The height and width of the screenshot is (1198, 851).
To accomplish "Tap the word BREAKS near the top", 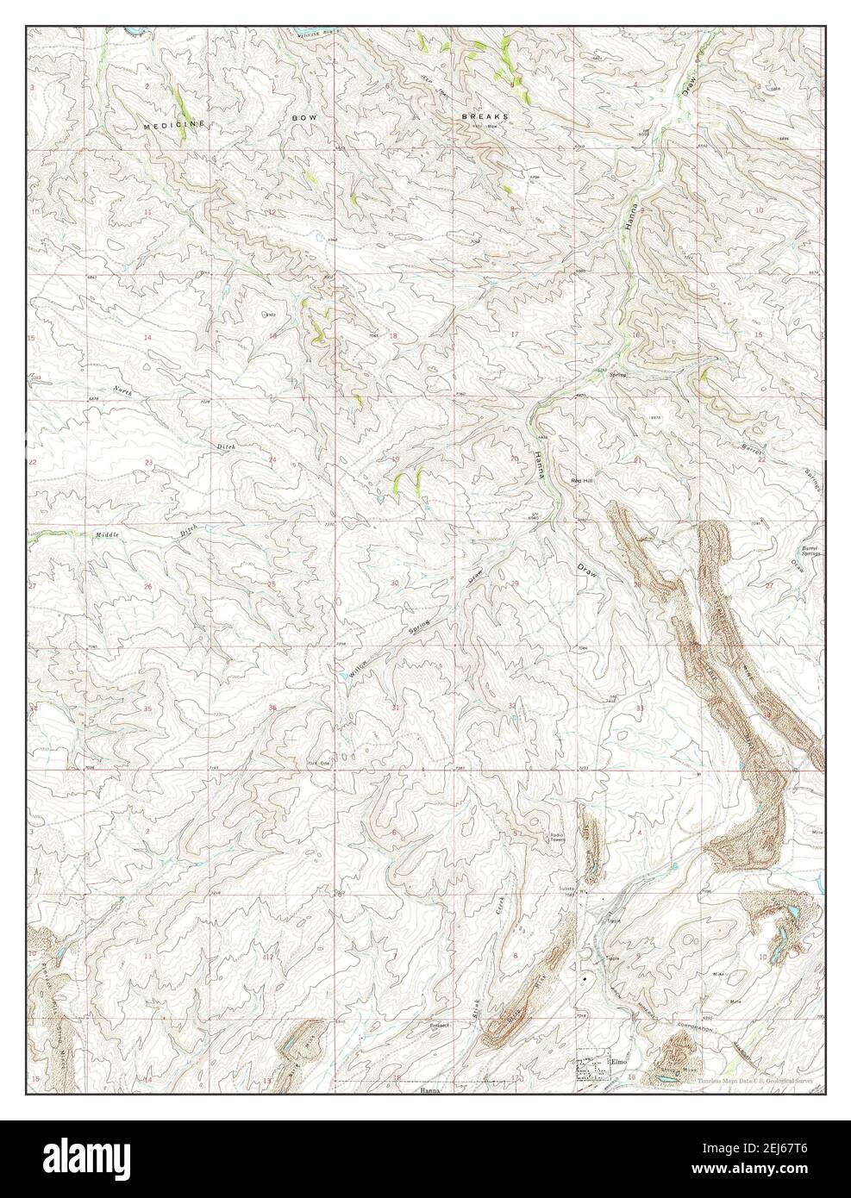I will (484, 115).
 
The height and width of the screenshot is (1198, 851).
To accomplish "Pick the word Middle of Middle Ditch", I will (107, 535).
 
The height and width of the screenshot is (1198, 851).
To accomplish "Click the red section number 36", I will (272, 708).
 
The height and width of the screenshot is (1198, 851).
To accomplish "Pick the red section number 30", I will (395, 583).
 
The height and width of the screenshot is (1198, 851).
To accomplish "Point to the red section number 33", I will (639, 708).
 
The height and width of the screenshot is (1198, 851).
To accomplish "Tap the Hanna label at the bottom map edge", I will (430, 1091).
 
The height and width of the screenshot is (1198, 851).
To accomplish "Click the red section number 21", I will (637, 461).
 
